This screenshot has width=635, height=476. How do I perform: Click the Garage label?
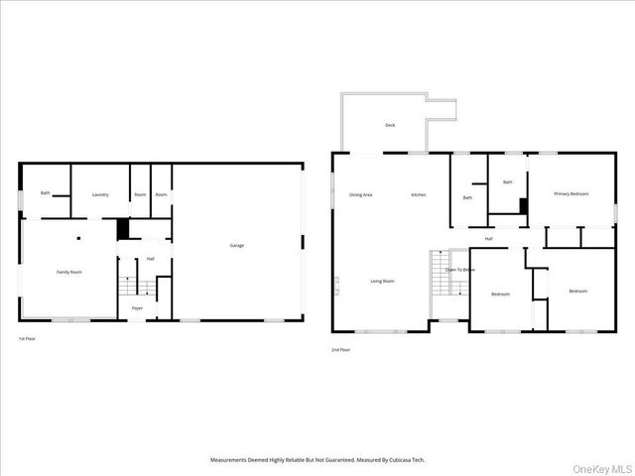click(237, 245)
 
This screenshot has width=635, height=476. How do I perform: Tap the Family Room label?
click(69, 271)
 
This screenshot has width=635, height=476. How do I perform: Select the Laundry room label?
click(100, 194)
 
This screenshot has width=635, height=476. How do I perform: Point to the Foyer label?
click(137, 308)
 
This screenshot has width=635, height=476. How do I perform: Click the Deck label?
click(390, 125)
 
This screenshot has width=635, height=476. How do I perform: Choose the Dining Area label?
click(360, 194)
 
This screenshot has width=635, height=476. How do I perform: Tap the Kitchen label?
click(419, 194)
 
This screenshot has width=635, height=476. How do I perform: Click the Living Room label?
click(383, 281)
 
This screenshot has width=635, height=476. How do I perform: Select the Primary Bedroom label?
click(571, 193)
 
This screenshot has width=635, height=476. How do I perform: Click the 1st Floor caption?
click(27, 339)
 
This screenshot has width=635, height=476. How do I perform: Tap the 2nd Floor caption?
click(340, 349)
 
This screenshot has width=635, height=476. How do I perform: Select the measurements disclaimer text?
click(317, 460)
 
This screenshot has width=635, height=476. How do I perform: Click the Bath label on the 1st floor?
click(46, 192)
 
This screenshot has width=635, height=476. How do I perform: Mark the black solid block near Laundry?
click(123, 229)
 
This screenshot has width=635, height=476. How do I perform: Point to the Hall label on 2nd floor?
click(489, 239)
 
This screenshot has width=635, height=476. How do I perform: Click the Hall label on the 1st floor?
click(151, 259)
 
